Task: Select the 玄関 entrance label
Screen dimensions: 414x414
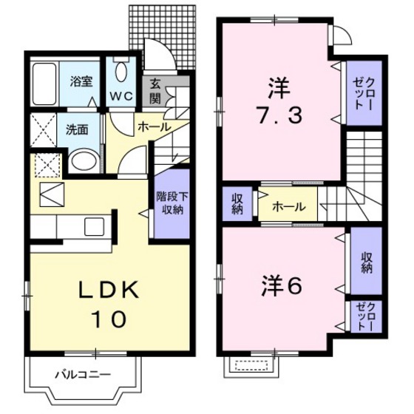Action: [x=156, y=90]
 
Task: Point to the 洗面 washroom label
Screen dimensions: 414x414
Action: [x=77, y=129]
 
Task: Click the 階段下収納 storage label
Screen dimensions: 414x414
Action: [x=169, y=202]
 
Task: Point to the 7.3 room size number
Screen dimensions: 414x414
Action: [x=277, y=118]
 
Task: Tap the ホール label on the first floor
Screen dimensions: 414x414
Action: [x=154, y=126]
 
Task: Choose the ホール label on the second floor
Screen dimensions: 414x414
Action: [x=286, y=206]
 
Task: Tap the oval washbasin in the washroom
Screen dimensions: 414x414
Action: [x=83, y=161]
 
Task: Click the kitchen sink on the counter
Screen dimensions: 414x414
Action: [x=96, y=225]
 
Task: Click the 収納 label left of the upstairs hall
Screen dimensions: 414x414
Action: [x=237, y=203]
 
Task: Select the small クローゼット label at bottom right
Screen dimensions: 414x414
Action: [x=365, y=316]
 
